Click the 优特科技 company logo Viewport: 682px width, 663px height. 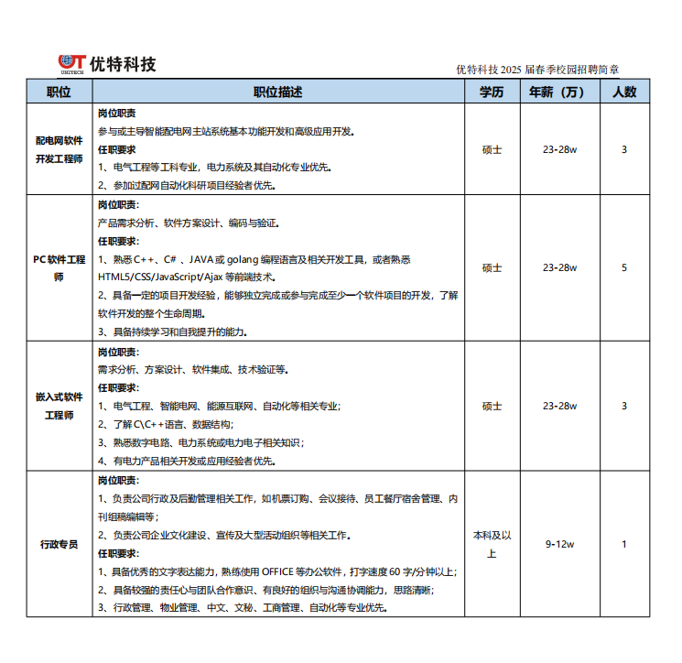107,64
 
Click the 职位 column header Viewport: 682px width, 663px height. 60,92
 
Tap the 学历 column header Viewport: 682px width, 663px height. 492,92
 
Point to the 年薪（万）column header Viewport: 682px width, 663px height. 559,92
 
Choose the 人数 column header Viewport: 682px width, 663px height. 624,92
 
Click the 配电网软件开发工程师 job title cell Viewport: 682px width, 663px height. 60,150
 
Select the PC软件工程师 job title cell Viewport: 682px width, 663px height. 60,268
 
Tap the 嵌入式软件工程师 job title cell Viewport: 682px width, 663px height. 60,407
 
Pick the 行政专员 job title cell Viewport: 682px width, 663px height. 60,545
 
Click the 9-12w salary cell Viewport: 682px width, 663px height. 559,545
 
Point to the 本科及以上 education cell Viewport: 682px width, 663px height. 492,545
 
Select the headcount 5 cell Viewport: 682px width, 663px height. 624,268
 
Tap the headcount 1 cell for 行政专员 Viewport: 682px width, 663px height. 624,545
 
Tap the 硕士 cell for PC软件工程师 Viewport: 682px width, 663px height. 492,268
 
